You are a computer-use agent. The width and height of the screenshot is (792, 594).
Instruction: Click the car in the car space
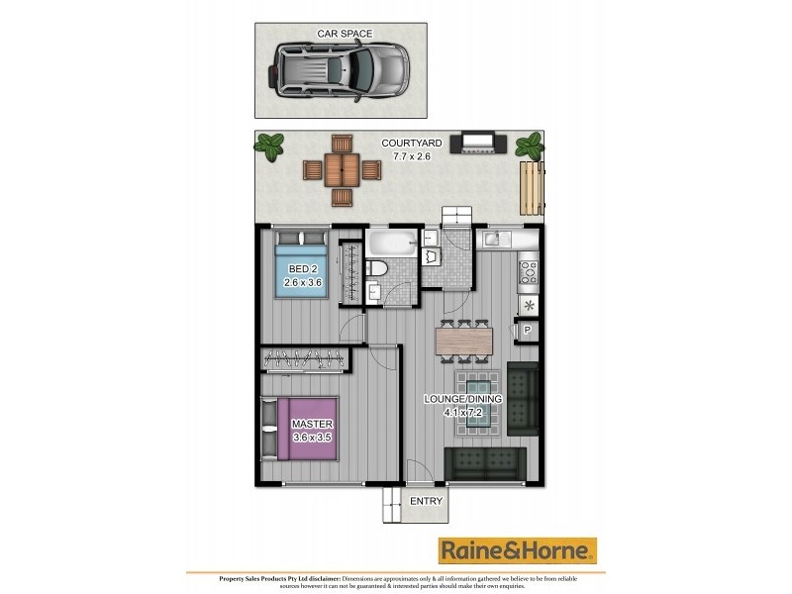pyautogui.click(x=339, y=70)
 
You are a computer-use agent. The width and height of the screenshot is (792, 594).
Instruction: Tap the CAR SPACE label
pyautogui.click(x=345, y=34)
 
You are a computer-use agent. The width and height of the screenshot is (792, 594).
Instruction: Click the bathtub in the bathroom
pyautogui.click(x=392, y=244)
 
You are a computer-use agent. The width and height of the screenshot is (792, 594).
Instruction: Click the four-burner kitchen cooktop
pyautogui.click(x=529, y=268)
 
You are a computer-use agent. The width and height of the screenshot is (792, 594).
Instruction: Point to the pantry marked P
pyautogui.click(x=528, y=331)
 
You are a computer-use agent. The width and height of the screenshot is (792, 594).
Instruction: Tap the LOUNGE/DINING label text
pyautogui.click(x=463, y=399)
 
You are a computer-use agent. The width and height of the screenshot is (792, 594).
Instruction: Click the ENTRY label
pyautogui.click(x=426, y=502)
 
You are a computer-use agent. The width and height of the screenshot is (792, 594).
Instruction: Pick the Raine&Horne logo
pyautogui.click(x=518, y=550)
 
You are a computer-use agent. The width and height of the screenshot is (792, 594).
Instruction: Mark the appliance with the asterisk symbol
pyautogui.click(x=529, y=304)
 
